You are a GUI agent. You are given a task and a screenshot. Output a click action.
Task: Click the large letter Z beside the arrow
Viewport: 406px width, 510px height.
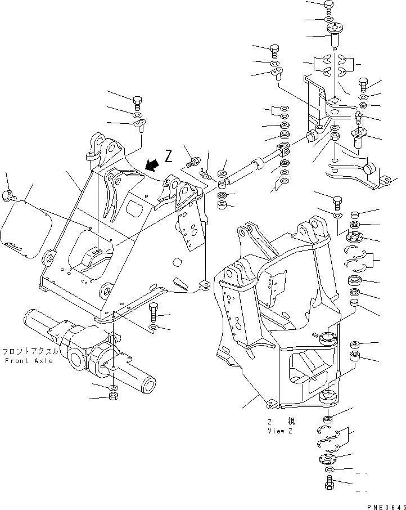tap(169, 156)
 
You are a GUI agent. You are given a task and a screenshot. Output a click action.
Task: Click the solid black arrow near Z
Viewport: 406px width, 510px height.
tap(150, 164)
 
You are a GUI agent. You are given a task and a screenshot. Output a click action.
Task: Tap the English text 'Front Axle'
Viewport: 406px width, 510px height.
tap(29, 360)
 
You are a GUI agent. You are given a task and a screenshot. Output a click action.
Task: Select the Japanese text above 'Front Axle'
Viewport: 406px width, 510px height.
tap(30, 350)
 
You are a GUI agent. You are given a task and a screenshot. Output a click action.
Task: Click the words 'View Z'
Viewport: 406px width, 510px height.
tap(281, 431)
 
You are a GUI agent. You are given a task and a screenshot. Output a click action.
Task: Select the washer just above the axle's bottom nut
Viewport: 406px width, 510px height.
tap(114, 388)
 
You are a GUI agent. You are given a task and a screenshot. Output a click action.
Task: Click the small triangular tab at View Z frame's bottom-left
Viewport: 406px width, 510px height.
tap(270, 404)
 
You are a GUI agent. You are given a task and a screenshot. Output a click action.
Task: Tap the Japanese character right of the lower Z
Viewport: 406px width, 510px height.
tap(290, 421)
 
